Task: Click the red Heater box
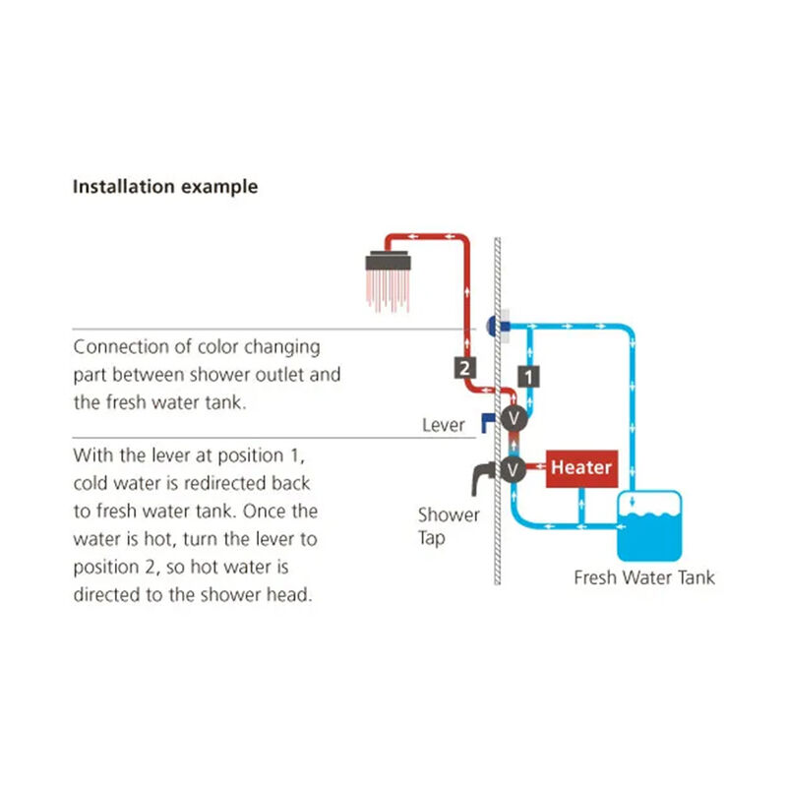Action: click(580, 468)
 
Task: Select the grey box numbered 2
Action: click(463, 368)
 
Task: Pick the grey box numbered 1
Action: click(529, 375)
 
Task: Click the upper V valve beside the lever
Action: click(512, 419)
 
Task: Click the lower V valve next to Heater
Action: click(512, 468)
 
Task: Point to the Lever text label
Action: click(443, 425)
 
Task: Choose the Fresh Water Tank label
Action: click(644, 577)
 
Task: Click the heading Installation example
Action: click(165, 186)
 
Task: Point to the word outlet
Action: click(289, 374)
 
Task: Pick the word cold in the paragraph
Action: click(91, 484)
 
